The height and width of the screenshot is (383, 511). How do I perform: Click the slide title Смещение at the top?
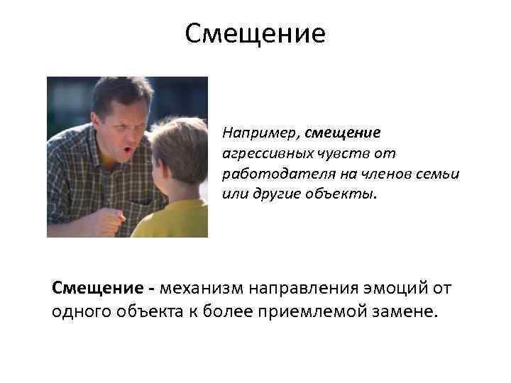255,34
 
